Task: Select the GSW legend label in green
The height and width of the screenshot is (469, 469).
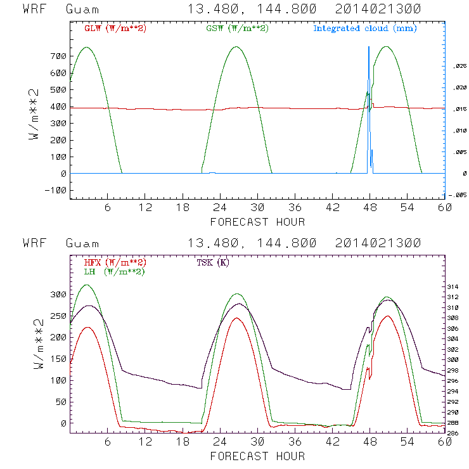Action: coord(238,29)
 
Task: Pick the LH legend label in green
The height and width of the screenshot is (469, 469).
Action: coord(115,271)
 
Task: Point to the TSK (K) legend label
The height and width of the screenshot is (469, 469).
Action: coord(213,262)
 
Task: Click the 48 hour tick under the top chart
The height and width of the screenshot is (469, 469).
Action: coord(369,207)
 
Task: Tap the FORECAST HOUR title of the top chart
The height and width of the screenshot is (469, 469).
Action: coord(257,222)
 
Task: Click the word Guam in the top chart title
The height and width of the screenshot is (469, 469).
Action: coord(82,10)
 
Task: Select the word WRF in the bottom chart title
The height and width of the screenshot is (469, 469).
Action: coord(34,243)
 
